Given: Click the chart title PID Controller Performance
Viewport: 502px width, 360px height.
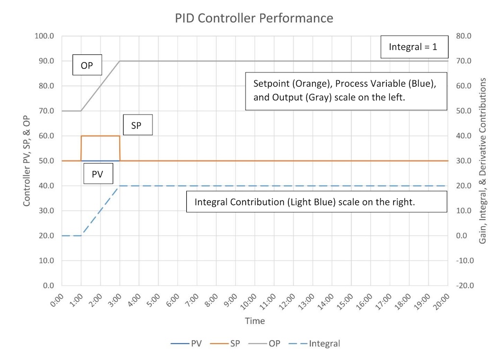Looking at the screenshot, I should (x=254, y=19).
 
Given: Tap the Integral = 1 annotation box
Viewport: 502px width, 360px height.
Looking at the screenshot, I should (x=412, y=48).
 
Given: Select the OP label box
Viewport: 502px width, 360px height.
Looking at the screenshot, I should (x=87, y=65).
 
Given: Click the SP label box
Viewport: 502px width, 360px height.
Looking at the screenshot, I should (x=136, y=125).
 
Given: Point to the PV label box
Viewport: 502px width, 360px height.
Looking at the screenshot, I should (x=97, y=173).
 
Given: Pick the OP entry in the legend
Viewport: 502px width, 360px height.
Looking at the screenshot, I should (x=271, y=343).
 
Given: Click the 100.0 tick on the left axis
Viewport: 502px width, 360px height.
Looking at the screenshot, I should (x=45, y=36).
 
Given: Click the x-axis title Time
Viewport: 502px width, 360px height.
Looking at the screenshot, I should (x=255, y=321).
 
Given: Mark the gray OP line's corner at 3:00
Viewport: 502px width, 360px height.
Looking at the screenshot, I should (x=120, y=61).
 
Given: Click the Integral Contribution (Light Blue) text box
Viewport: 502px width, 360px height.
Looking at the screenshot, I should (x=317, y=202).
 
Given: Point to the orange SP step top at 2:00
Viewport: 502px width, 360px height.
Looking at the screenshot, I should (x=100, y=136).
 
